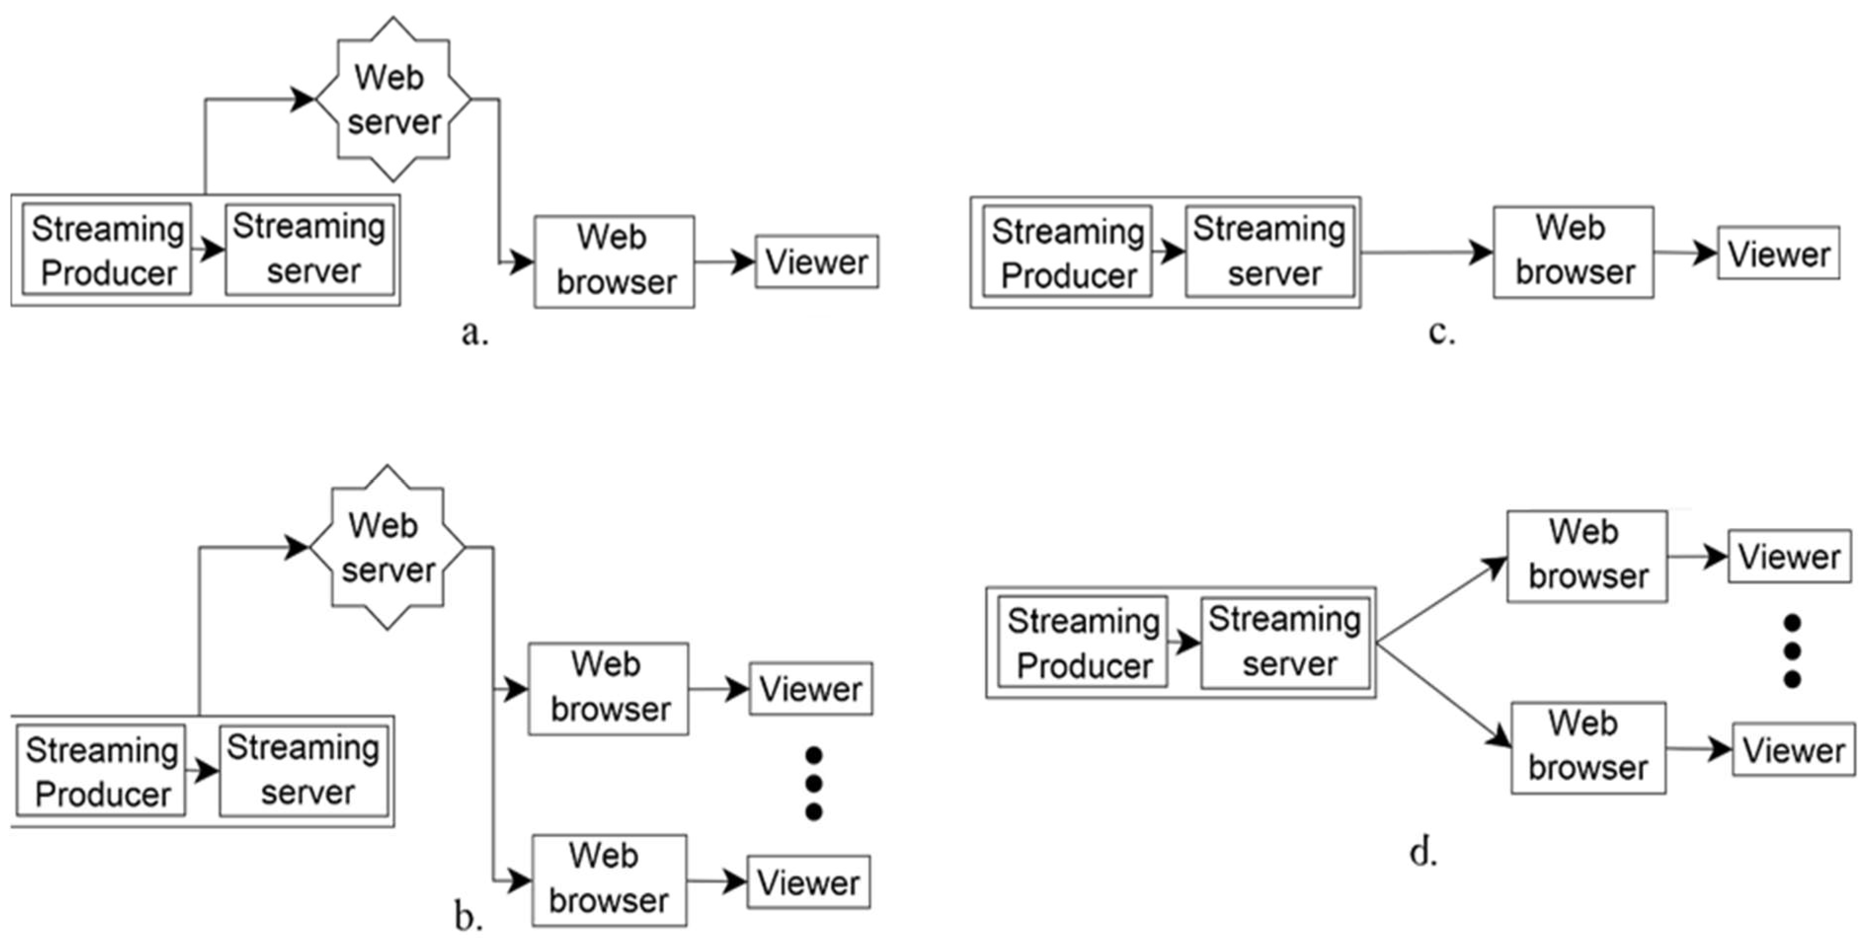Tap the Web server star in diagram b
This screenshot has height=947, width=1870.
point(387,547)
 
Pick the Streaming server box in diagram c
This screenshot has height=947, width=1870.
point(1270,252)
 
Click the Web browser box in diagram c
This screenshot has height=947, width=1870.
point(1573,252)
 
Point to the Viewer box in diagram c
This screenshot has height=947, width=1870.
point(1779,253)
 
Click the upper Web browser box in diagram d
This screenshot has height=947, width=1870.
point(1587,556)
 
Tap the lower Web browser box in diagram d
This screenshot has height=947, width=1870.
point(1589,748)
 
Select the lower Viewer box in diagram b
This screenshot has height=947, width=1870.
point(809,882)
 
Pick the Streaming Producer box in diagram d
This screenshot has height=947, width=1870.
point(1083,642)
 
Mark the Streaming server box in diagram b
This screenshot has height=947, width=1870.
point(304,771)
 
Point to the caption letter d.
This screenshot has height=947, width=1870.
point(1424,852)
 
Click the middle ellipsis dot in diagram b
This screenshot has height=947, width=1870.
point(814,784)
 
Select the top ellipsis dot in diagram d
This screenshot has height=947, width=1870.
point(1792,623)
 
